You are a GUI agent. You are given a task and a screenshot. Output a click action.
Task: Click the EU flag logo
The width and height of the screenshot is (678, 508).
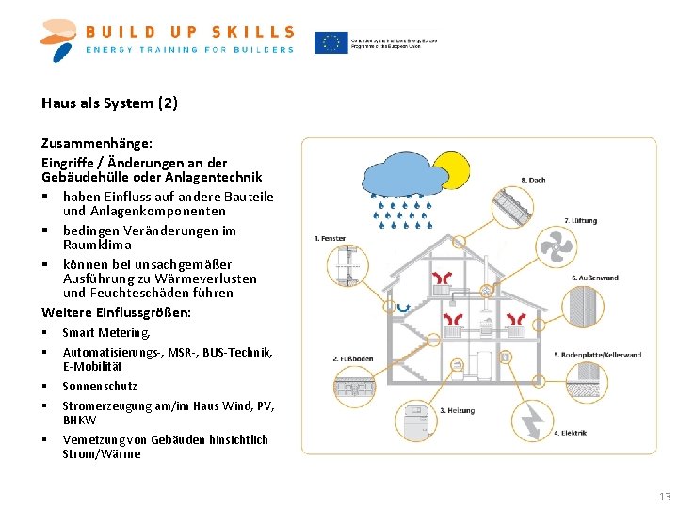coord(331,43)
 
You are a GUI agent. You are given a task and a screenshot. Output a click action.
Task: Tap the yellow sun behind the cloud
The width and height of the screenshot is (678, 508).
coord(451,170)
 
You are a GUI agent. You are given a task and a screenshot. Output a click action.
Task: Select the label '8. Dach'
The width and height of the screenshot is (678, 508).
coord(533,180)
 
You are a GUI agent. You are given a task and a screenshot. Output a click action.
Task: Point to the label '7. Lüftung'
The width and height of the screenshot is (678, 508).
coord(580,221)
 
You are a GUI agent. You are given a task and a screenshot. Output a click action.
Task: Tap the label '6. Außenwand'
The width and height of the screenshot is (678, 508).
coord(595,278)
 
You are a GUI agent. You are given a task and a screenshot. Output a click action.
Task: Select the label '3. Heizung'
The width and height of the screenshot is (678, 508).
coord(460,410)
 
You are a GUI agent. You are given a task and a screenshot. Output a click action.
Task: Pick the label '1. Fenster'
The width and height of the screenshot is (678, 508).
coord(330,239)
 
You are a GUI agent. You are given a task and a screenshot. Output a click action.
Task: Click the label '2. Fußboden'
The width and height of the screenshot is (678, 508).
coord(353,358)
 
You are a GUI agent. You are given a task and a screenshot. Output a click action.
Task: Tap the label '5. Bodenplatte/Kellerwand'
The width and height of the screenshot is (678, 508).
coord(597,355)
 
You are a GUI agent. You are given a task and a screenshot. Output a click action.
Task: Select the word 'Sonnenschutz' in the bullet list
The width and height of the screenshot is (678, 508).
coord(100,386)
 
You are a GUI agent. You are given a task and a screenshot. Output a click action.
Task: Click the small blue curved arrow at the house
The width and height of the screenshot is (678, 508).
coord(403,307)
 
